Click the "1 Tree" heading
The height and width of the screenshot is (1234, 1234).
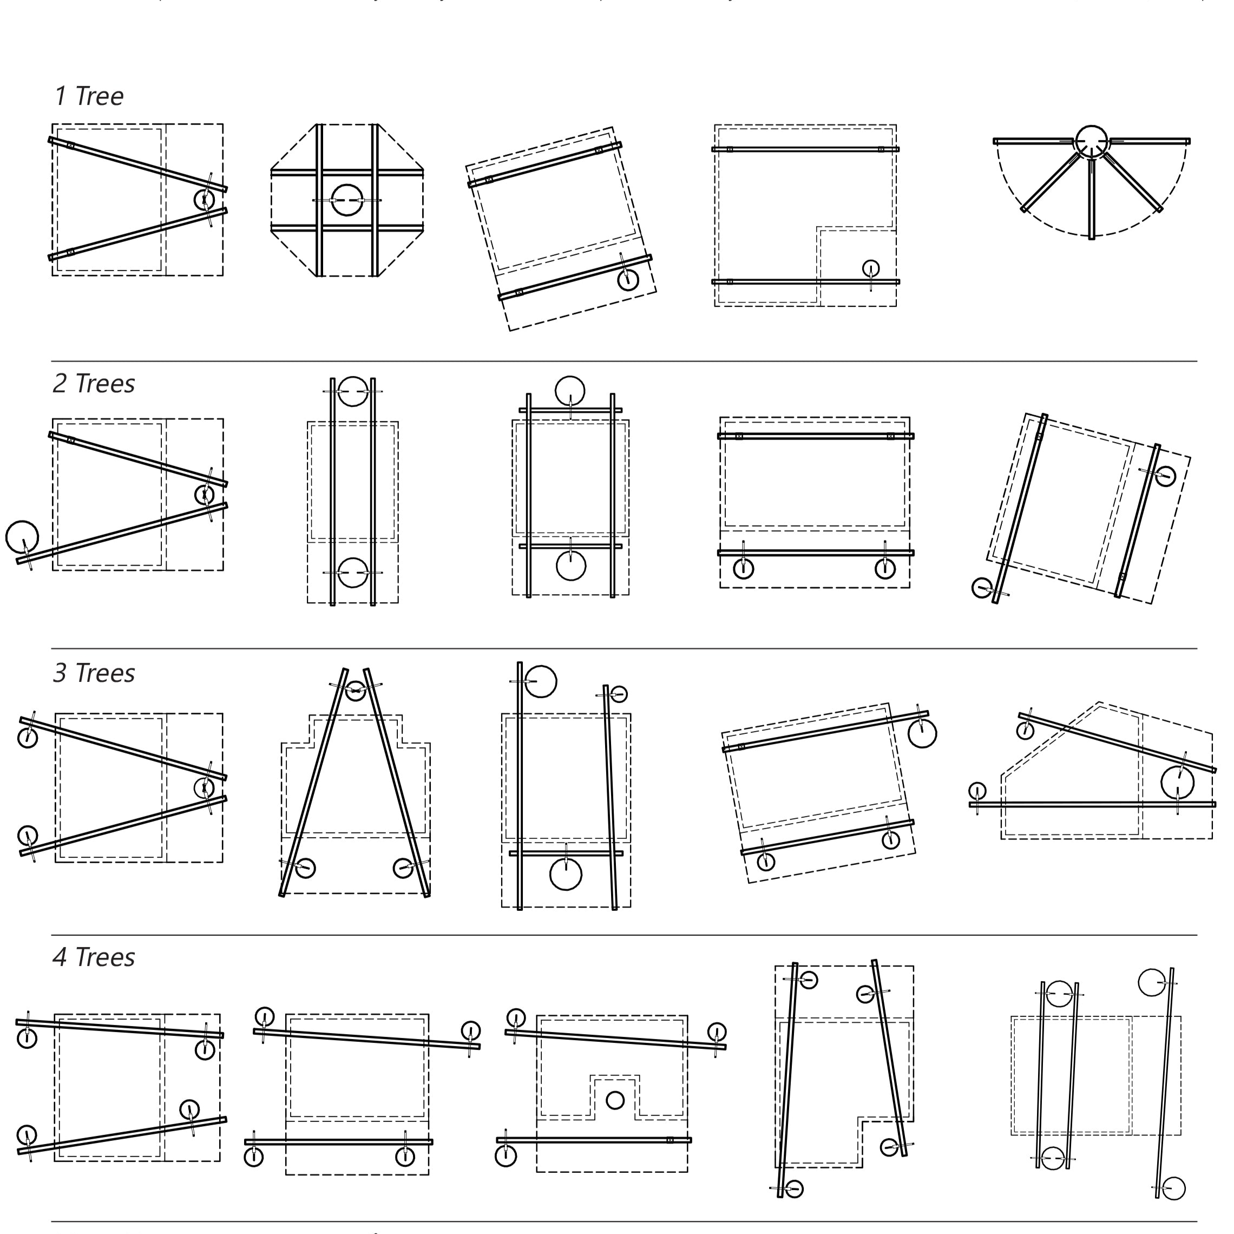coord(89,96)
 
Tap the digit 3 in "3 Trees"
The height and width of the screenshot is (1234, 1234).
coord(60,673)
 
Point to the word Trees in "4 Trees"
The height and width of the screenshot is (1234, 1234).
coord(105,957)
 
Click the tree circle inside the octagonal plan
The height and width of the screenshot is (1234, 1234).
coord(347,200)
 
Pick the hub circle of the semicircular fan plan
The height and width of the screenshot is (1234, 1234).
coord(1091,141)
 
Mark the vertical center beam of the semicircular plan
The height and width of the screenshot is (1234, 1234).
coord(1092,198)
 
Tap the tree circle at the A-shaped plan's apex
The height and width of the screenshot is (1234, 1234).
coord(355,690)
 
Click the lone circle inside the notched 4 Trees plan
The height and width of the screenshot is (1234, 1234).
coord(614,1100)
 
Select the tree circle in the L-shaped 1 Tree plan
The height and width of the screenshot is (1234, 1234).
coord(871,268)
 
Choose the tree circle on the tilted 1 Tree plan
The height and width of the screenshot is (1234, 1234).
coord(628,279)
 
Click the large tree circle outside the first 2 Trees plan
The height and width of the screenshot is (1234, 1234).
coord(22,536)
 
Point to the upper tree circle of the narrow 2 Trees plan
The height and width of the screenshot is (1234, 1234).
coord(352,391)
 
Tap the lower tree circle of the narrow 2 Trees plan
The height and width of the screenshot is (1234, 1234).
coord(352,572)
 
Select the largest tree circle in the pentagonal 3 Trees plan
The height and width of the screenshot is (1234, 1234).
coord(1177,783)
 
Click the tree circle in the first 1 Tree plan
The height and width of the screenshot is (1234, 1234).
coord(205,200)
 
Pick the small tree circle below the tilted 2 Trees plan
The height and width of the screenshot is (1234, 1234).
coord(982,588)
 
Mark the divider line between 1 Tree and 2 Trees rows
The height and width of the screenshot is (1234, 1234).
coord(623,362)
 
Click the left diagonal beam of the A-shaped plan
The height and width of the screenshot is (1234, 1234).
coord(313,783)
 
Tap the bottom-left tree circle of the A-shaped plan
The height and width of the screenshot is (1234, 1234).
coord(305,868)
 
